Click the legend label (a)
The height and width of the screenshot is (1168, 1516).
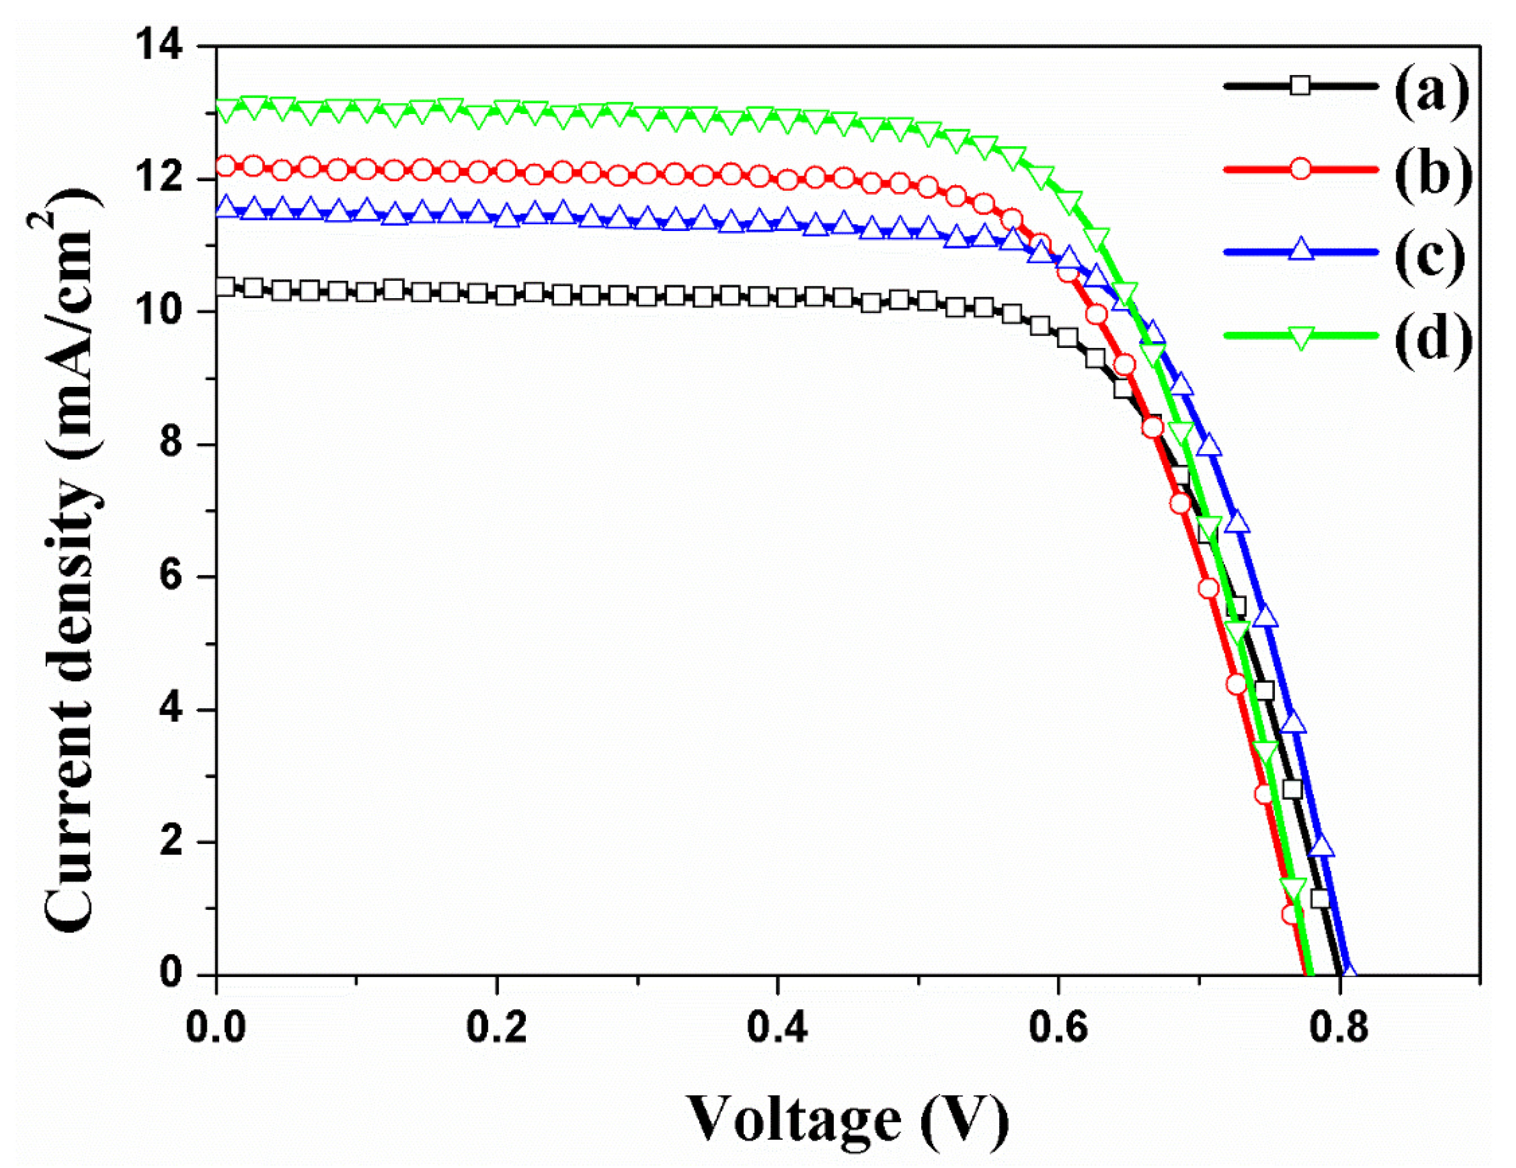[x=1431, y=90]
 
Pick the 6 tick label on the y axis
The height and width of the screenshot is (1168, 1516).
[x=170, y=577]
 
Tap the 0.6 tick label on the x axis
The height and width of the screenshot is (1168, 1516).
[x=1058, y=1027]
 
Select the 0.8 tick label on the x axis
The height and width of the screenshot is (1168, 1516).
[x=1339, y=1027]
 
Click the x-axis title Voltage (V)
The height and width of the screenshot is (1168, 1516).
[x=847, y=1119]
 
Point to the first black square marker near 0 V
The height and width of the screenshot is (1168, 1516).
[x=225, y=286]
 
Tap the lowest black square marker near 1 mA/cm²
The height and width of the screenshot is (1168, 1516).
[x=1319, y=899]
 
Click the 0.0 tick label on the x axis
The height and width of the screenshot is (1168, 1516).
[x=216, y=1027]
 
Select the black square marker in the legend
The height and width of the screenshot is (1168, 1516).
[x=1300, y=86]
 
